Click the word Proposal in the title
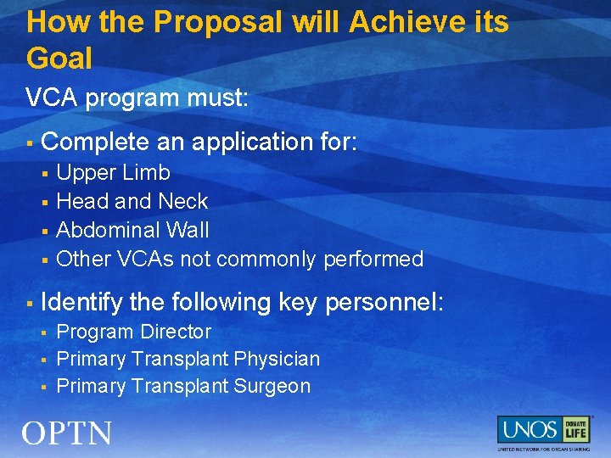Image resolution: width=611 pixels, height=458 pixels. (x=221, y=22)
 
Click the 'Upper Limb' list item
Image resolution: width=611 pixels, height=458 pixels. (x=113, y=173)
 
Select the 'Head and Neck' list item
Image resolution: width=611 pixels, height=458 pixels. (x=132, y=202)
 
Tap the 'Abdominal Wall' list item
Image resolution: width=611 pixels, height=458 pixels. (x=132, y=231)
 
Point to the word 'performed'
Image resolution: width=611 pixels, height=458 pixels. (x=373, y=260)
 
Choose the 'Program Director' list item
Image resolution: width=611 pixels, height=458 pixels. (x=133, y=332)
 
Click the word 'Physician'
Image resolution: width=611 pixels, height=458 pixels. (x=277, y=360)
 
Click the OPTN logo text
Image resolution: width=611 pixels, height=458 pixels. (x=67, y=433)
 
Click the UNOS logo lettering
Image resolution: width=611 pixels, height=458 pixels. (x=528, y=429)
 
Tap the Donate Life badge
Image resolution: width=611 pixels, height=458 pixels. (x=575, y=429)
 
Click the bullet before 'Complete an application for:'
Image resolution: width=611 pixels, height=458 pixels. (x=30, y=142)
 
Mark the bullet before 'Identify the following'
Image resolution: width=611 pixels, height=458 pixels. (x=30, y=303)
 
